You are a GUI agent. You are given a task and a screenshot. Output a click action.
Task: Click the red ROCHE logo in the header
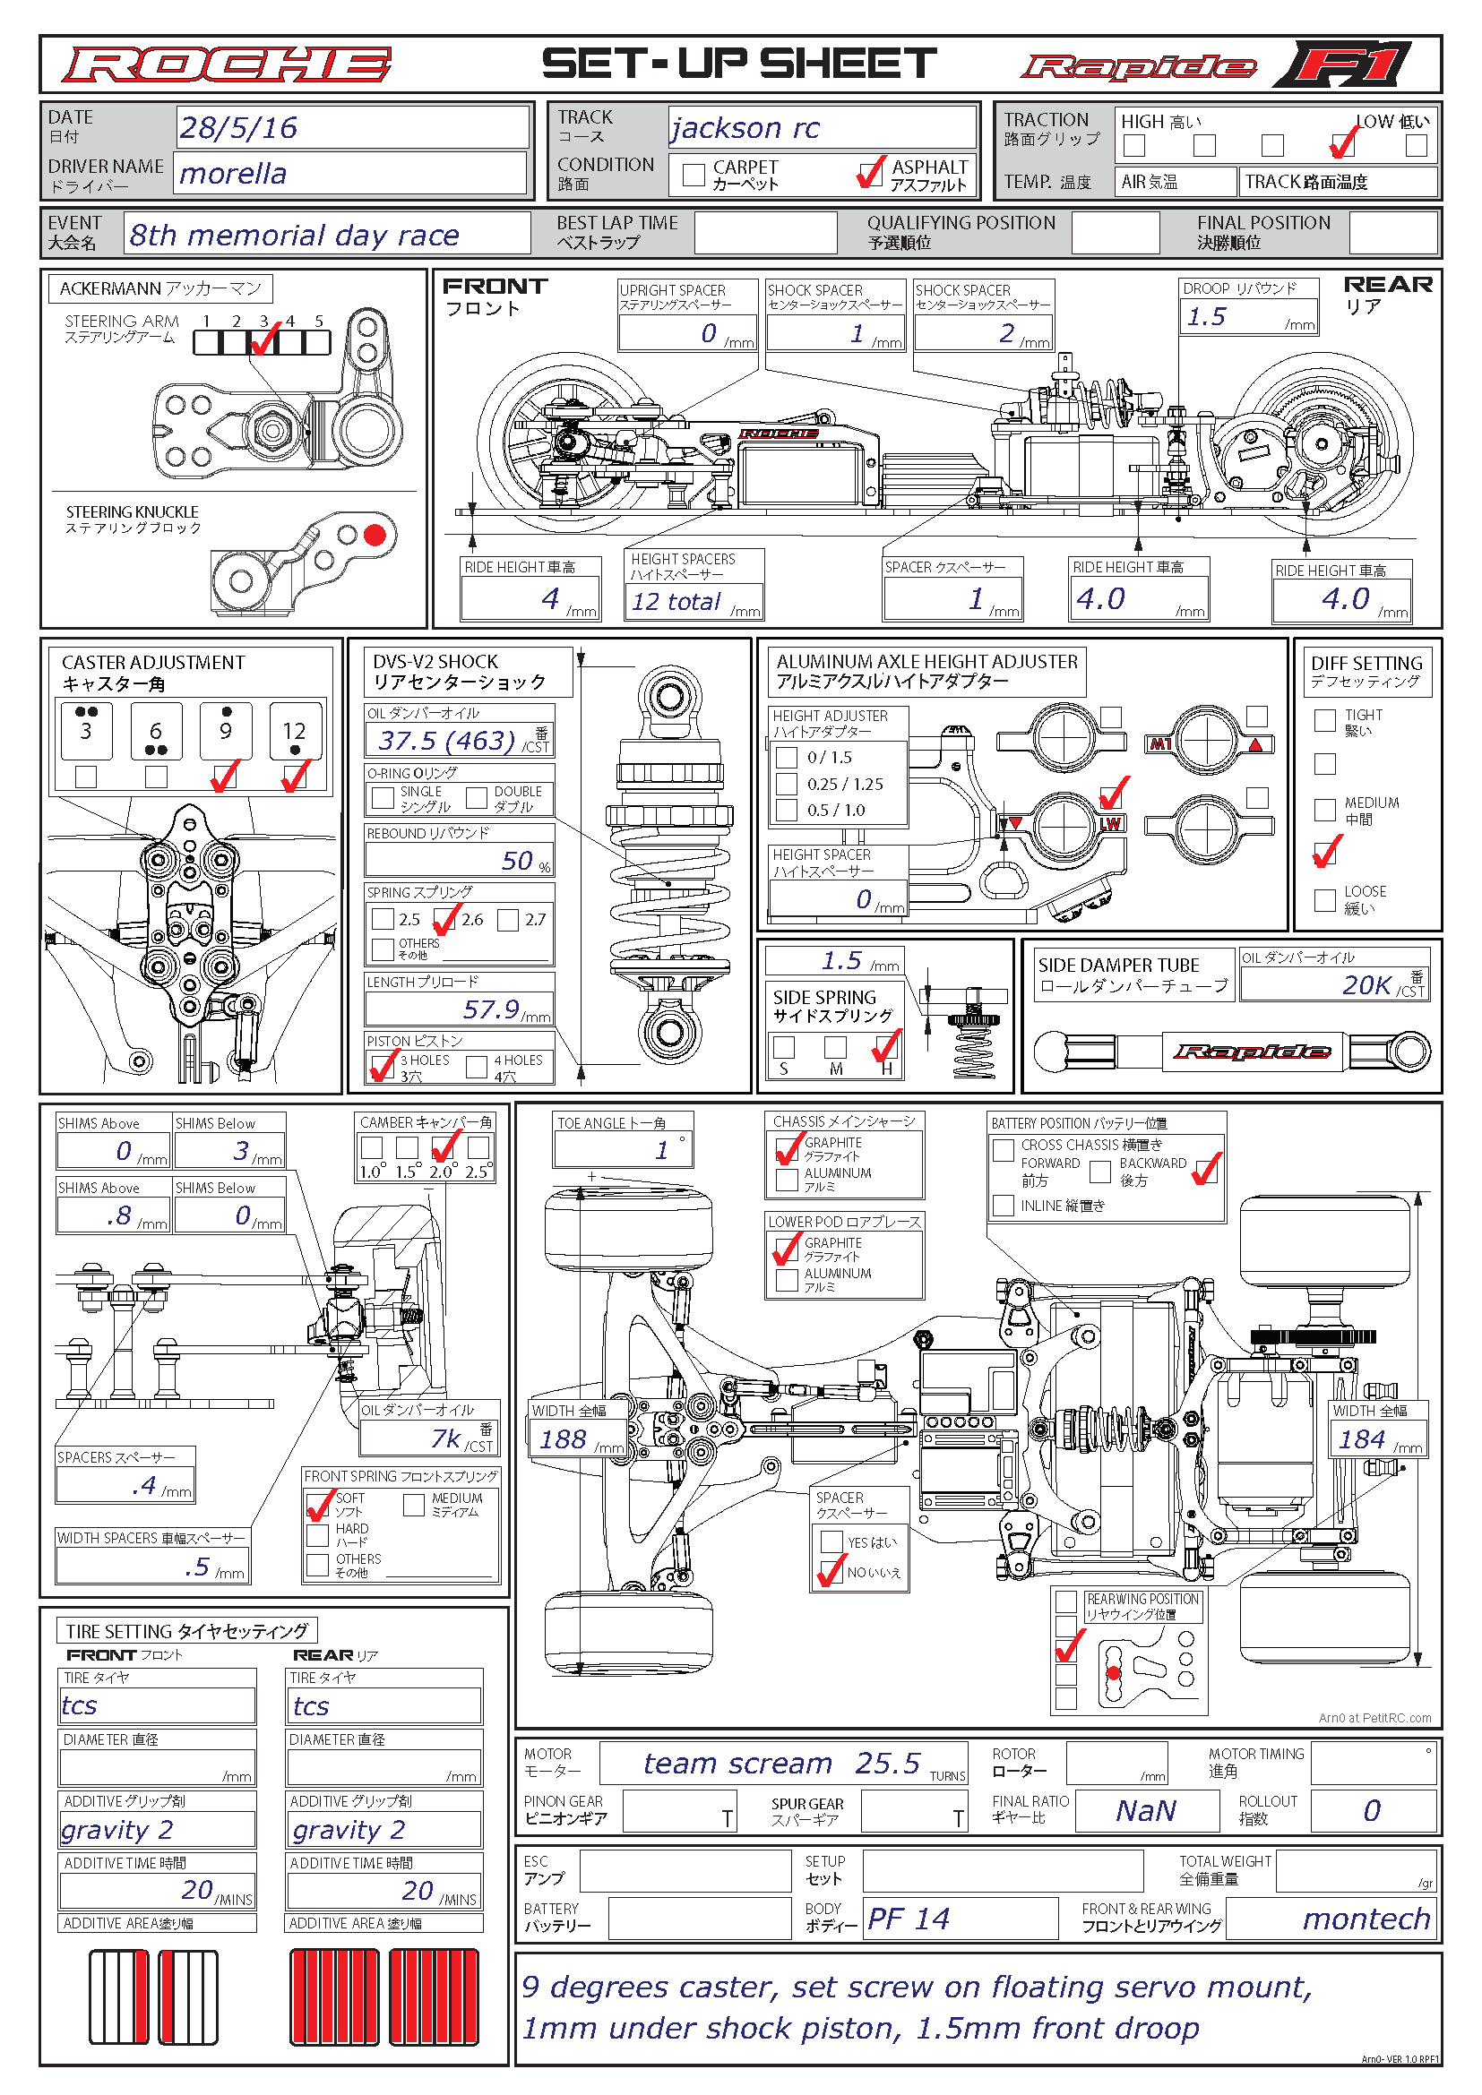pos(227,64)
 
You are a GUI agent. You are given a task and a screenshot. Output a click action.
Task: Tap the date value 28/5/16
pos(238,128)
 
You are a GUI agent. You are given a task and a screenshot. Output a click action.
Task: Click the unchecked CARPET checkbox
pos(694,175)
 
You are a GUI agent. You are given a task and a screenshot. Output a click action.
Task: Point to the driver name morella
pos(233,174)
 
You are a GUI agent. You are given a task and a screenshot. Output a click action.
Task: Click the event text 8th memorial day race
pos(294,236)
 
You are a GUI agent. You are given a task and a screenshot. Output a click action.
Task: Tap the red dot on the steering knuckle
pos(375,536)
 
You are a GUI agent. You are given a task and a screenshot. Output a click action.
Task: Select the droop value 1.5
pos(1206,316)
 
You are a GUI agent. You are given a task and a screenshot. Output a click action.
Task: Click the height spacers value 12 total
pos(676,601)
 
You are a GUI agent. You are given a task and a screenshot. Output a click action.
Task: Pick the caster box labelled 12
pos(295,731)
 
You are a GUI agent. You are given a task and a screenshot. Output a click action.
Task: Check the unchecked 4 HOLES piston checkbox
pos(477,1067)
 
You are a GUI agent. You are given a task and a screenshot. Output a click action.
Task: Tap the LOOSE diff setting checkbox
pos(1324,900)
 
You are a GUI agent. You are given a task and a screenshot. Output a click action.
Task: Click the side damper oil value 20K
pos(1366,984)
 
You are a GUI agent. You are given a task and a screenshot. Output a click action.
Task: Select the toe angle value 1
pos(661,1150)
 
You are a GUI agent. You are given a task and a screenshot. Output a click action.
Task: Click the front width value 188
pos(562,1439)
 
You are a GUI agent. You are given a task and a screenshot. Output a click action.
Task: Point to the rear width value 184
pos(1362,1439)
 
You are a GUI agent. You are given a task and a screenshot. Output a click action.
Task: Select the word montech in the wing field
pos(1366,1919)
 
